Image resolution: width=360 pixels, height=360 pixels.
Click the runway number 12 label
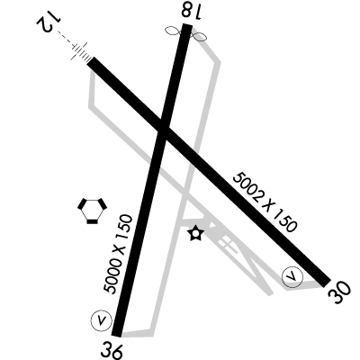point(49,22)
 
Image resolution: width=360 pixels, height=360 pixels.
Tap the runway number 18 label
point(191,11)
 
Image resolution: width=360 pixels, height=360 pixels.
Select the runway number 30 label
point(339,292)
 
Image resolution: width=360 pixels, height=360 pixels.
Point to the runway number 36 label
point(112,350)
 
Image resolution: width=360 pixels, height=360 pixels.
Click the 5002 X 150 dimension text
point(265,202)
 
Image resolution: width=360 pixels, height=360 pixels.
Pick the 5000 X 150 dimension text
point(118,254)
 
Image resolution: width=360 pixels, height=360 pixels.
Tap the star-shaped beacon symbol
point(195,233)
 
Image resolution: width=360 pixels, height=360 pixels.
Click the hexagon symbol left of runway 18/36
point(92,211)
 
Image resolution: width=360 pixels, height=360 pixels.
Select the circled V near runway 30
point(292,276)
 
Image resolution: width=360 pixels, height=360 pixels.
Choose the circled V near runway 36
point(102,320)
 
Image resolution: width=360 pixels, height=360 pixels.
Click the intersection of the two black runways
point(163,131)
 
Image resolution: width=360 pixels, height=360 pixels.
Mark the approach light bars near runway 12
point(80,51)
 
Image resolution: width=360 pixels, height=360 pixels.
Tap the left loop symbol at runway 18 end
point(173,31)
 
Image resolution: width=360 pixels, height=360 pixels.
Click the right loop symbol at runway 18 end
point(199,37)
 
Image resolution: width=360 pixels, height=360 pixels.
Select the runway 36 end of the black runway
point(117,335)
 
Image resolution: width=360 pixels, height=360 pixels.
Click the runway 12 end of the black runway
point(91,60)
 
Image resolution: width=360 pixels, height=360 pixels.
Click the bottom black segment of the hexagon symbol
point(92,221)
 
